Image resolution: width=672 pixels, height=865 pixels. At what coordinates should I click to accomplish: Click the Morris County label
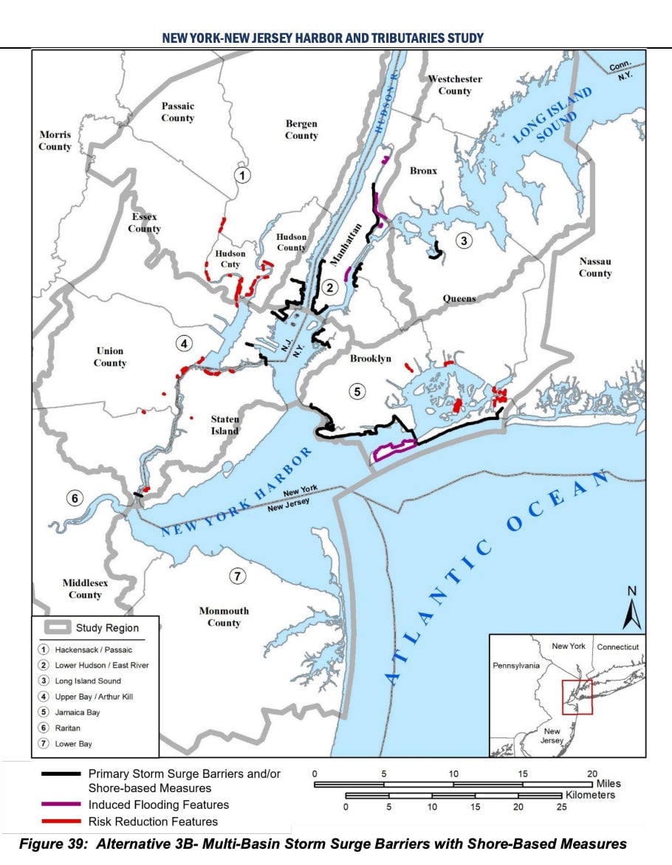[x=55, y=141]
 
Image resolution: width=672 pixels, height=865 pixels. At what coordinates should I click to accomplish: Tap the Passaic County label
[x=177, y=112]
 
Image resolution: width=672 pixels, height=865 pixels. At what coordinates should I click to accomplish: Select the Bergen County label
[x=301, y=130]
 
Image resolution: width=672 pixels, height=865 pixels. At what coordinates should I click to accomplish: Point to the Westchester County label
[x=455, y=85]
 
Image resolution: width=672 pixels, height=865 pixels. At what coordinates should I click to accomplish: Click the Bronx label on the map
[x=423, y=170]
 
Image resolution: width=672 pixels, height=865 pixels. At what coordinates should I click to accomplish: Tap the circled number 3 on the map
[x=463, y=241]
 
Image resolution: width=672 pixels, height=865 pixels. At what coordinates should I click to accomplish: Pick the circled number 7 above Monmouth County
[x=236, y=576]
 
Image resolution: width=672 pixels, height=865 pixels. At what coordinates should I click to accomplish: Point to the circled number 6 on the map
[x=75, y=498]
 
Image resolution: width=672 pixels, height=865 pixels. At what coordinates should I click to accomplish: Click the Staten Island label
[x=224, y=425]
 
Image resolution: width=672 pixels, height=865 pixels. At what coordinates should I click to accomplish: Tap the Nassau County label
[x=595, y=267]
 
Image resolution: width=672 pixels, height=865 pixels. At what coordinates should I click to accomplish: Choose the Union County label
[x=110, y=356]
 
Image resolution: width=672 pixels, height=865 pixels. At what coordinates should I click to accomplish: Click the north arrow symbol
[x=631, y=610]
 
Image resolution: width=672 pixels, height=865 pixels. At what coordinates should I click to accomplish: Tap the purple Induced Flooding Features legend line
[x=62, y=804]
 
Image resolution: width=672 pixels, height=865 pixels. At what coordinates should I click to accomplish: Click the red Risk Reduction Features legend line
[x=62, y=821]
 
